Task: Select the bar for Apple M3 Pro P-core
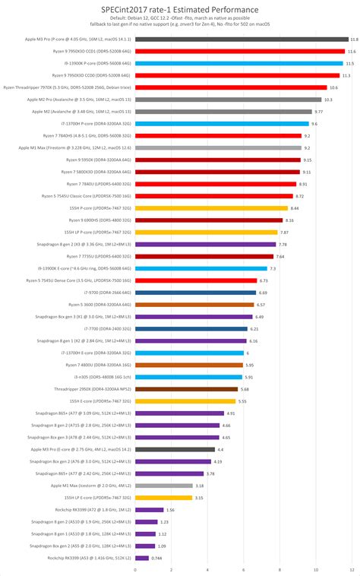[x=242, y=39]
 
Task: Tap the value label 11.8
[x=354, y=39]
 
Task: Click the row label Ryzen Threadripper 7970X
[x=73, y=87]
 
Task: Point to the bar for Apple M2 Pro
[x=228, y=100]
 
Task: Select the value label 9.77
[x=319, y=112]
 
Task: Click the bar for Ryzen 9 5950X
[x=217, y=160]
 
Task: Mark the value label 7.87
[x=284, y=233]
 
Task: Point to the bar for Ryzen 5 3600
[x=194, y=305]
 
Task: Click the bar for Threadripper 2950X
[x=186, y=389]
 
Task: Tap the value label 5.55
[x=242, y=401]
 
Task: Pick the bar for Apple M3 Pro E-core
[x=175, y=449]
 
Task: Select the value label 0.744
[x=156, y=559]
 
